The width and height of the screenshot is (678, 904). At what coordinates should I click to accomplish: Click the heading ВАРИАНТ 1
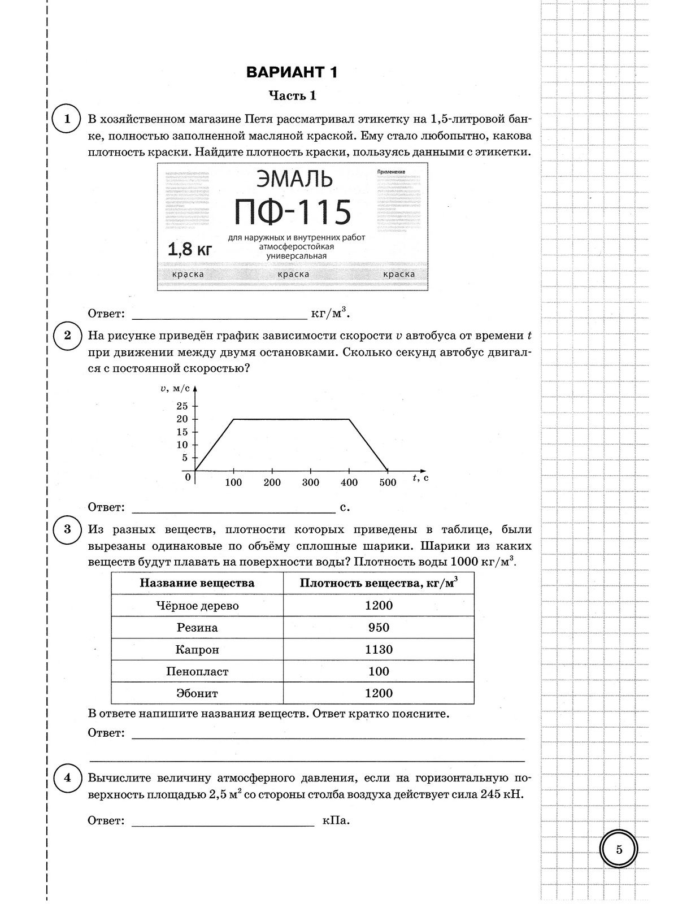(292, 72)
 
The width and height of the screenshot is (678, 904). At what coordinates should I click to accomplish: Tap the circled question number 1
(67, 119)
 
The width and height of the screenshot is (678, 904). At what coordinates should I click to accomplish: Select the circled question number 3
(67, 529)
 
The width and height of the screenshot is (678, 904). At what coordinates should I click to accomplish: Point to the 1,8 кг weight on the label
(189, 249)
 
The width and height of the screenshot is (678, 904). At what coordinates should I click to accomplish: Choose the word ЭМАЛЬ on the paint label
(294, 180)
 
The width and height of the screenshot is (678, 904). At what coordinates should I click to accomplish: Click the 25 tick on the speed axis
(182, 406)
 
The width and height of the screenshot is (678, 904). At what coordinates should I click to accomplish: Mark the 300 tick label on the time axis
(311, 483)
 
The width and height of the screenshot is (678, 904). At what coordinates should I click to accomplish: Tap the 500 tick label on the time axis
(388, 483)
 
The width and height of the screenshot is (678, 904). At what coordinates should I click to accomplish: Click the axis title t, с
(420, 478)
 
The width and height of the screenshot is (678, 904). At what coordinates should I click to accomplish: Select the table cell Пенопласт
(197, 671)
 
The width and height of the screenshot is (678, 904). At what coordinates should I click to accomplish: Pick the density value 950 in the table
(379, 627)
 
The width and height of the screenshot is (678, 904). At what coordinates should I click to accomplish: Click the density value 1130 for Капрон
(379, 649)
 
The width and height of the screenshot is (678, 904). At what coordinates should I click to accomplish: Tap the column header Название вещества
(197, 583)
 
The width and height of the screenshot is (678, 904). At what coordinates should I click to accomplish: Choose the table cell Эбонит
(197, 693)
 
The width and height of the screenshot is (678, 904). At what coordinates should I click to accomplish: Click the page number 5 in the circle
(619, 849)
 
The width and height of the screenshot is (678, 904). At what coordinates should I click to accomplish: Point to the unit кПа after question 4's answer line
(336, 820)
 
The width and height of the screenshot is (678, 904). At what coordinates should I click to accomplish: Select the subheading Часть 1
(292, 95)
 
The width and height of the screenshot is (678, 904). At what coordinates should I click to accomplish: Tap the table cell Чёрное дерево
(197, 606)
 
